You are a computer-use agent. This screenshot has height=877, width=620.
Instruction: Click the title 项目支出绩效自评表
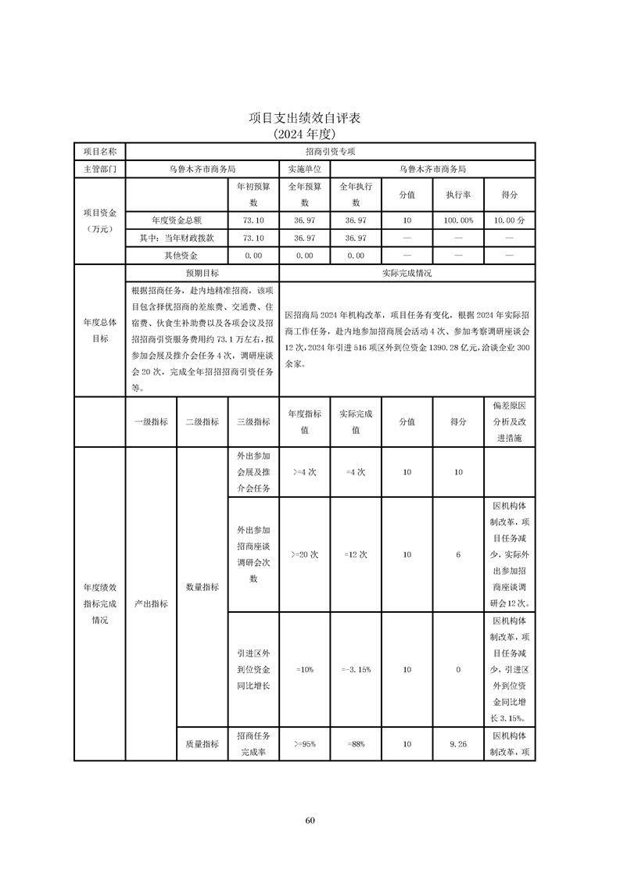[310, 118]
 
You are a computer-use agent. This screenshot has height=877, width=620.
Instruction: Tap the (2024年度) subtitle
[310, 134]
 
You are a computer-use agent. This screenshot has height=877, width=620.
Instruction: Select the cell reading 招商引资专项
[330, 151]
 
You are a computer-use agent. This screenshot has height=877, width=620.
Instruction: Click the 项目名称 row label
[100, 151]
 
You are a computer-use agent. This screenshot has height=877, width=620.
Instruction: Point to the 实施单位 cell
[304, 169]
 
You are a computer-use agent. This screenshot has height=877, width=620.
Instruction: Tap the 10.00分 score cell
[509, 220]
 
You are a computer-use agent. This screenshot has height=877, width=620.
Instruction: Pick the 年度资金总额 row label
[177, 220]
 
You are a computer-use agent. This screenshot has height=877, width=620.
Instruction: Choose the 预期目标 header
[202, 274]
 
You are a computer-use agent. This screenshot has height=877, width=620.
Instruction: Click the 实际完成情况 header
[407, 274]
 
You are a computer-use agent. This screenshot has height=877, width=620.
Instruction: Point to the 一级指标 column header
[151, 421]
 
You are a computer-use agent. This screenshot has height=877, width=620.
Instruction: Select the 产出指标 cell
[151, 603]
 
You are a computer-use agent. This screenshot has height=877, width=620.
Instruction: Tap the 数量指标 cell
[202, 586]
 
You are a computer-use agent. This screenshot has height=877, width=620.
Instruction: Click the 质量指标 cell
[202, 744]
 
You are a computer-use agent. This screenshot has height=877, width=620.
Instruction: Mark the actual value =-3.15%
[356, 669]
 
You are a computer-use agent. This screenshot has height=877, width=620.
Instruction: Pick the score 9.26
[458, 744]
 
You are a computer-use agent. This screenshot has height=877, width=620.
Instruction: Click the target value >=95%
[304, 744]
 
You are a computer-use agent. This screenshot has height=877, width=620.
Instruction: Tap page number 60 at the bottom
[310, 820]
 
